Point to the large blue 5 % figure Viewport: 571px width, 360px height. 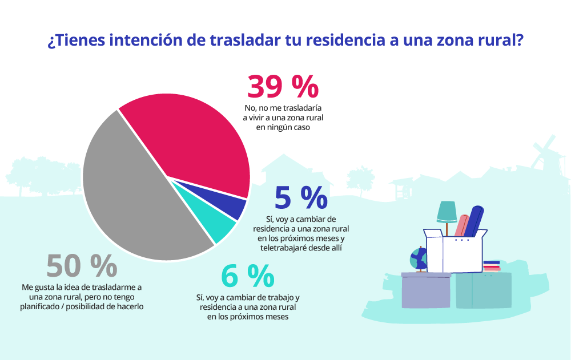tap(300, 197)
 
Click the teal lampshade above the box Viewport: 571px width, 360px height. tap(447, 212)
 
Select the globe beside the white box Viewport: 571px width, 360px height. tap(419, 260)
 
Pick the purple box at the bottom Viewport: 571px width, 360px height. tap(426, 290)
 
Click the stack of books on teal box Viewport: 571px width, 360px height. tap(492, 266)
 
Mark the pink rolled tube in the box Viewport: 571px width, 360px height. tap(461, 225)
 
